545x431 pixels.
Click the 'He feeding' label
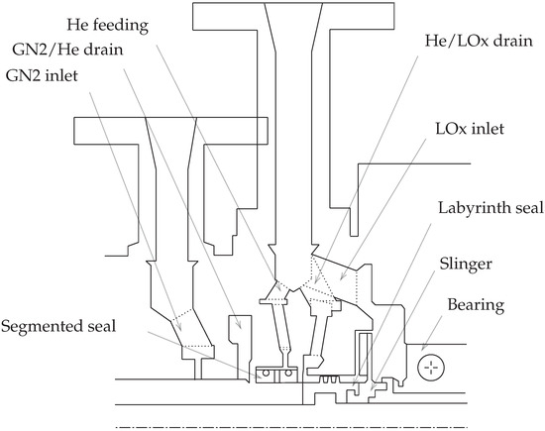point(111,22)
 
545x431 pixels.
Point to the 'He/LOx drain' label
point(472,44)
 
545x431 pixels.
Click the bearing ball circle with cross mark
point(429,368)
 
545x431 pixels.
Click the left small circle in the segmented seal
point(264,375)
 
